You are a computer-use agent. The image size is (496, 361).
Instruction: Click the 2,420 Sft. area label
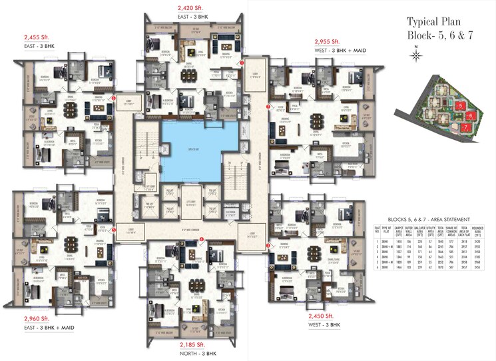(191, 7)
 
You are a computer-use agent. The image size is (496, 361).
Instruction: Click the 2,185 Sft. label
(194, 345)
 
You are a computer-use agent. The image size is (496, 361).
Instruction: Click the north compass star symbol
(416, 56)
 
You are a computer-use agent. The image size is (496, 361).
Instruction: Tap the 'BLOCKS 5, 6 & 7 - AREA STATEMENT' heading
(428, 219)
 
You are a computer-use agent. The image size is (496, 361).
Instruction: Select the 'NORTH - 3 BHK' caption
(194, 354)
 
